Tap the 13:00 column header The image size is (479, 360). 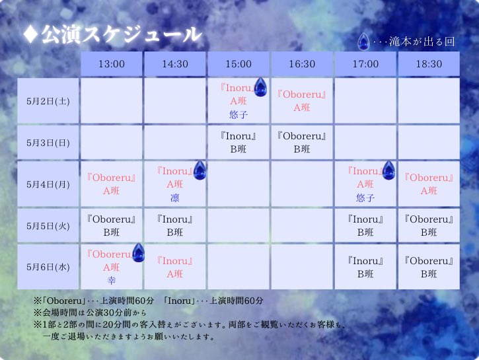tap(111, 64)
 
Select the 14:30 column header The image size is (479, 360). tap(175, 64)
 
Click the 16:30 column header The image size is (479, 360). tap(302, 64)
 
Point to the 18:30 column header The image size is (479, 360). tap(429, 64)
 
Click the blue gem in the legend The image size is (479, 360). tap(363, 42)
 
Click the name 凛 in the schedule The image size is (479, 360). tap(175, 198)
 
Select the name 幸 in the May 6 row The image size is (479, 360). tap(111, 280)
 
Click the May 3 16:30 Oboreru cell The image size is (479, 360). tap(302, 143)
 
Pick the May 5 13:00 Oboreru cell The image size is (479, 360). tap(111, 226)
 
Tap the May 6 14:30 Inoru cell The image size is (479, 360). tap(175, 268)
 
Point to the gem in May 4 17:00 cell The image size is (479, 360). tap(388, 170)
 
